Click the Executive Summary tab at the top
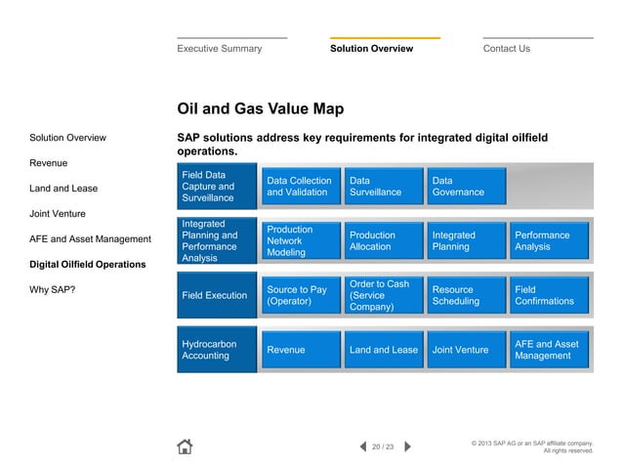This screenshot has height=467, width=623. pyautogui.click(x=219, y=48)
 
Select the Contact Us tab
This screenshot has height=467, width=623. pyautogui.click(x=507, y=48)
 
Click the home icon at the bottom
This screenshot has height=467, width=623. pyautogui.click(x=185, y=446)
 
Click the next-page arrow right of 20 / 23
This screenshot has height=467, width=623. pyautogui.click(x=407, y=446)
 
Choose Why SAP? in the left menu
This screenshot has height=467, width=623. pyautogui.click(x=53, y=290)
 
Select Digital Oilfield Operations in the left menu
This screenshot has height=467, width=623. pyautogui.click(x=88, y=265)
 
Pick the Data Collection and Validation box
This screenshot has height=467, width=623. pyautogui.click(x=299, y=187)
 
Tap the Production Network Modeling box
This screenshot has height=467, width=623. pyautogui.click(x=299, y=240)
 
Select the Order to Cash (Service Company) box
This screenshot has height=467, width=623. pyautogui.click(x=381, y=295)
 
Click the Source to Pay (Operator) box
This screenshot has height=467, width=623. pyautogui.click(x=299, y=295)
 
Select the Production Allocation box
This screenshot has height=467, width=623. pyautogui.click(x=381, y=240)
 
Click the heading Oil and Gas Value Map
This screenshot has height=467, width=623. pyautogui.click(x=260, y=108)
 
